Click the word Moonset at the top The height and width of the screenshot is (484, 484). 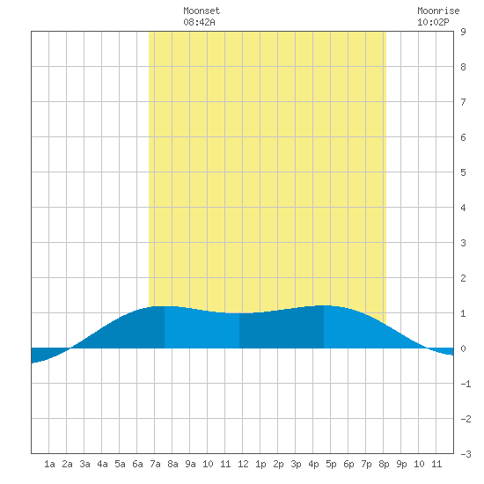pos(202,11)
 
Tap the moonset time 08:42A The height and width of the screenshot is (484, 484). pos(199,22)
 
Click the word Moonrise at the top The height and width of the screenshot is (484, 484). pos(438,11)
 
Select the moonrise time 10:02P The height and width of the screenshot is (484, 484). pos(433,22)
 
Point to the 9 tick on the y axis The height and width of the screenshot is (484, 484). pos(463,32)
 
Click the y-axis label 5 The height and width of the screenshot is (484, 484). pos(463,172)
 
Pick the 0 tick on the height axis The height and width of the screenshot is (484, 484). pos(463,348)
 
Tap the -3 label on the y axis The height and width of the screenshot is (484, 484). pos(466,454)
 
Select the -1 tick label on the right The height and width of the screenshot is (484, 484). pos(466,384)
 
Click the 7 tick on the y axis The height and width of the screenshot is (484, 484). pos(463,102)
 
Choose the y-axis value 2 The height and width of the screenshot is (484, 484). pos(463,278)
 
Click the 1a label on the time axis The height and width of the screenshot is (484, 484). pos(49,464)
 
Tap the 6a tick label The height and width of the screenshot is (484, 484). pos(137,464)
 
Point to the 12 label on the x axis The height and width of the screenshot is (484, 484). pos(243,464)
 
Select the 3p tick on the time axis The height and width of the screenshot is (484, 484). pos(296,464)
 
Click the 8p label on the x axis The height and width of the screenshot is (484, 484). pos(384,464)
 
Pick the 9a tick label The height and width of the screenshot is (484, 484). pos(190,464)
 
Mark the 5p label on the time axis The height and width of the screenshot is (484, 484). pos(331,464)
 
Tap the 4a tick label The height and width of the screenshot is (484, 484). pos(102,464)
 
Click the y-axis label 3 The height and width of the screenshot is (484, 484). pos(463,243)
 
